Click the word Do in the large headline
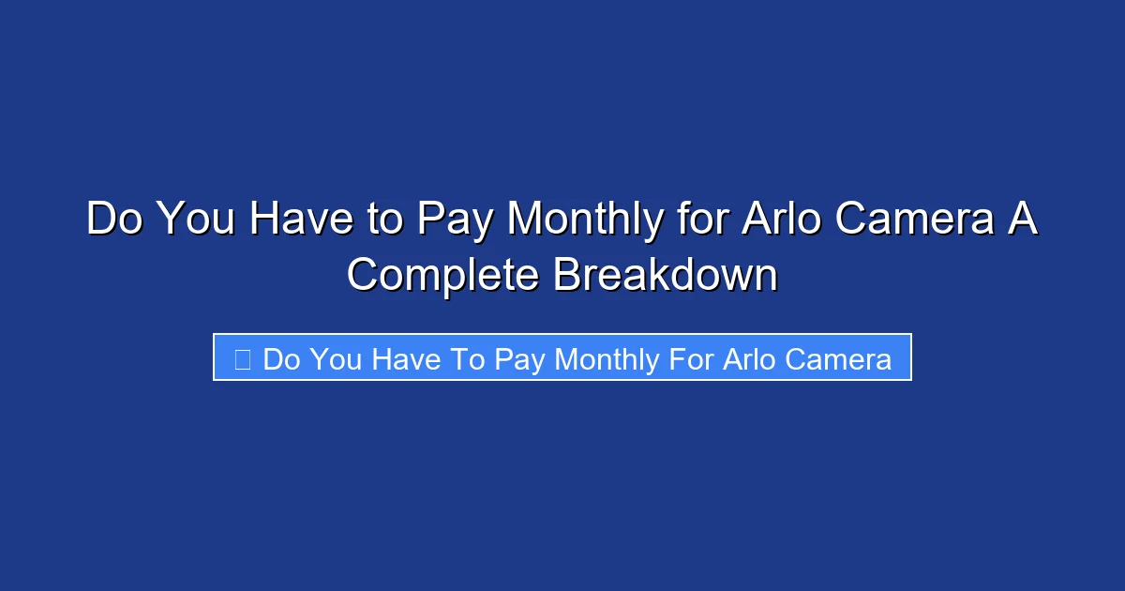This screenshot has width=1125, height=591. pyautogui.click(x=115, y=220)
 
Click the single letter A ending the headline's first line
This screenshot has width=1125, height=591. pyautogui.click(x=1023, y=220)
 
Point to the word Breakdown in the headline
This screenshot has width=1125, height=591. pyautogui.click(x=666, y=275)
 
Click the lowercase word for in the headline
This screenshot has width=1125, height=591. pyautogui.click(x=702, y=220)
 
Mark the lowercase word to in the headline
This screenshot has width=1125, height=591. pyautogui.click(x=383, y=220)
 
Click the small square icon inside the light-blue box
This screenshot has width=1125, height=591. pyautogui.click(x=242, y=358)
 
